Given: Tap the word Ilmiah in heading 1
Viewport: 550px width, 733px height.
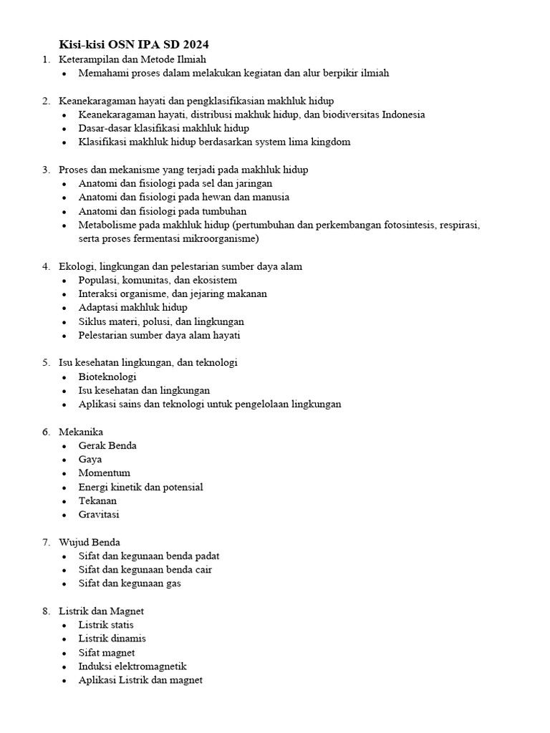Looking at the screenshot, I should click(190, 59).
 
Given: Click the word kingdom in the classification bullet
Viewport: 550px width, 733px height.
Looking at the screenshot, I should click(330, 142).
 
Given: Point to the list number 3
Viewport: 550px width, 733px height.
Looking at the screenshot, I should click(45, 170).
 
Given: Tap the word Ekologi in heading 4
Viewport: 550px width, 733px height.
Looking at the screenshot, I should click(76, 266).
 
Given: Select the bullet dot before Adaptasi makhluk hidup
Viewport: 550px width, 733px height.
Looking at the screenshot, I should click(64, 308).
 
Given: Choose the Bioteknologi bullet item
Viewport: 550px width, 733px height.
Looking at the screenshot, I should click(107, 377).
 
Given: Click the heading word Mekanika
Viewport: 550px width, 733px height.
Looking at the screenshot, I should click(81, 432).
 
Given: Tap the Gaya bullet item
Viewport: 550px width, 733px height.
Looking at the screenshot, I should click(90, 460).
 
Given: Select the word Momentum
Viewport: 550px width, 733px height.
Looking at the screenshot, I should click(105, 473).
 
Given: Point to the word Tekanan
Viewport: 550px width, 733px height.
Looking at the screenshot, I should click(97, 500).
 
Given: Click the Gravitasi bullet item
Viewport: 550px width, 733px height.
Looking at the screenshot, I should click(99, 514).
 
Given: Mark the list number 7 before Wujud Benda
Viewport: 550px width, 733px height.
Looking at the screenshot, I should click(45, 542).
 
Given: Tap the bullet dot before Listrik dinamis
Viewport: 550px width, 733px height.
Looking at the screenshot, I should click(64, 639).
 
